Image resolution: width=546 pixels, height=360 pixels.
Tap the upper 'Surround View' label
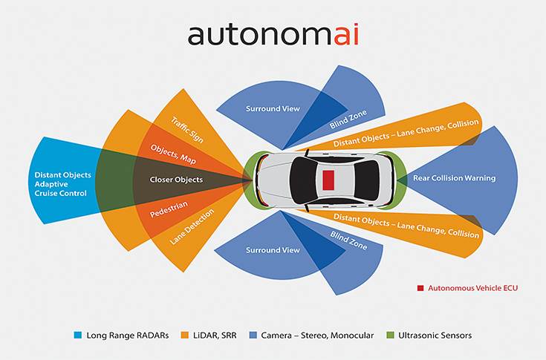(x=273, y=109)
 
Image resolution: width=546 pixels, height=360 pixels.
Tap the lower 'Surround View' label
(x=273, y=250)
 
